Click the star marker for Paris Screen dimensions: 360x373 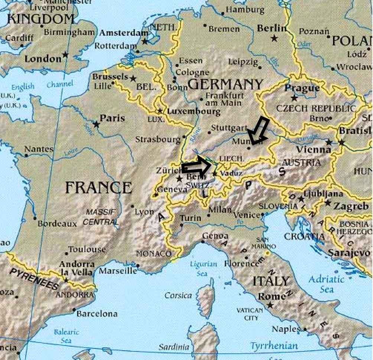tap(97, 125)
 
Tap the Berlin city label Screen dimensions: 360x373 tap(272, 28)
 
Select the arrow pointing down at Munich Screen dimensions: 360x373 tap(258, 130)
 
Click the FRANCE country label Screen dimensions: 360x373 tap(98, 187)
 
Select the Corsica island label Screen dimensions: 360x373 tap(178, 296)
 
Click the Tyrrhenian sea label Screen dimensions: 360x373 tap(274, 345)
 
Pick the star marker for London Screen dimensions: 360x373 tap(66, 55)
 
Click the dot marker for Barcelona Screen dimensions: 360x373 tap(74, 309)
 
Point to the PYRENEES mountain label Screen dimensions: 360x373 tap(34, 279)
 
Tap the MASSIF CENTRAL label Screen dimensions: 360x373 tap(100, 217)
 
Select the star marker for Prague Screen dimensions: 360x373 tap(294, 98)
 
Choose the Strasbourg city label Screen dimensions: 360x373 tap(158, 139)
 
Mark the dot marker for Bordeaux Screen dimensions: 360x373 tap(35, 218)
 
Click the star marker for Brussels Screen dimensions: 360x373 tap(133, 78)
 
